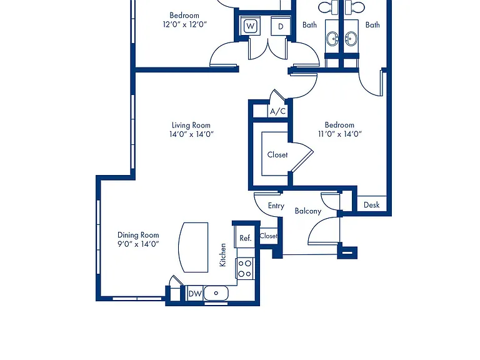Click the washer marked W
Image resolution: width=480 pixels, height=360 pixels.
(251, 26)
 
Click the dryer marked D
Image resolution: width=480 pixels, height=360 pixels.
(281, 26)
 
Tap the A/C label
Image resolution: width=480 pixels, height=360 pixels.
(277, 111)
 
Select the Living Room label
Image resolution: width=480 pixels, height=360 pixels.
(191, 125)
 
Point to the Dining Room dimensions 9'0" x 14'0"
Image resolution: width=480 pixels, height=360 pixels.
(138, 244)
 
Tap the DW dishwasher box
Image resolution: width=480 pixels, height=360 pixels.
(195, 294)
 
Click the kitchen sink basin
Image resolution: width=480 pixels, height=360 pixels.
(216, 293)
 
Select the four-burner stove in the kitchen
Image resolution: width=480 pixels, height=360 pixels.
(245, 269)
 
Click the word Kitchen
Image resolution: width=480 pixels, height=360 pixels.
(223, 255)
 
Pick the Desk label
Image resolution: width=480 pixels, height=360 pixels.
(372, 205)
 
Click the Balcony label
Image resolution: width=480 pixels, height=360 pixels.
(308, 211)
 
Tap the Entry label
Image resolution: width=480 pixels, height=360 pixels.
(276, 206)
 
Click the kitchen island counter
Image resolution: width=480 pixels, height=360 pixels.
(193, 247)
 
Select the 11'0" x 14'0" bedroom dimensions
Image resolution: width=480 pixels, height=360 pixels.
(340, 134)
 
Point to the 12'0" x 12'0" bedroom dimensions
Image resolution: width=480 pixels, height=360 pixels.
(185, 24)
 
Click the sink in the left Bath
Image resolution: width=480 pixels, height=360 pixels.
(332, 39)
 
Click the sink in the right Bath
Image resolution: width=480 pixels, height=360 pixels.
(351, 39)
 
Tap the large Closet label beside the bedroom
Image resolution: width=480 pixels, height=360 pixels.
(277, 155)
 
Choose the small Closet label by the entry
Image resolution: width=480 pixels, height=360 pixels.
(269, 236)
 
